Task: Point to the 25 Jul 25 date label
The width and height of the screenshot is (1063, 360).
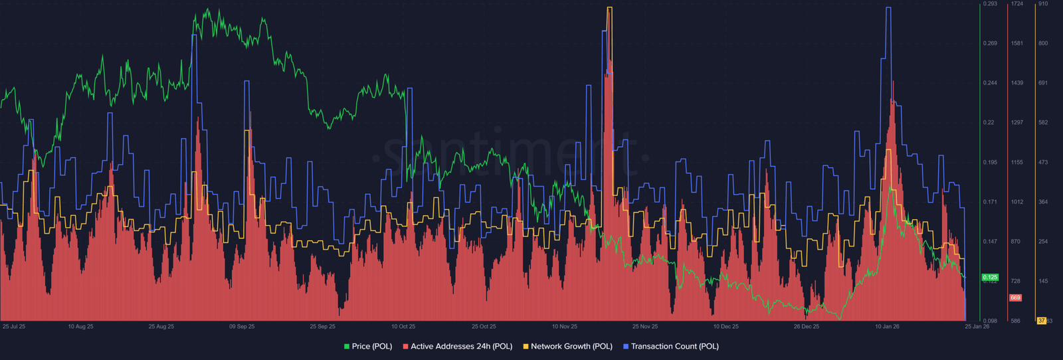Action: click(x=14, y=327)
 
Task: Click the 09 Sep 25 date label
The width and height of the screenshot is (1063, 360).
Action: click(x=242, y=327)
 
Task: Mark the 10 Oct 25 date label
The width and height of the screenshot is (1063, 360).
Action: click(x=403, y=327)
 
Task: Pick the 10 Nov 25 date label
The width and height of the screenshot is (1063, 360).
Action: click(x=565, y=327)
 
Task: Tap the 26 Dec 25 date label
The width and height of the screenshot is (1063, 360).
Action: click(x=807, y=327)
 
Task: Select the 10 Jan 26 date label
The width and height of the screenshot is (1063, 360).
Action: click(x=887, y=327)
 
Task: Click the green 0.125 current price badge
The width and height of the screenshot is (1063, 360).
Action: click(x=990, y=277)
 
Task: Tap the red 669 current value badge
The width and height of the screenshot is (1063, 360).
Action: click(x=1015, y=298)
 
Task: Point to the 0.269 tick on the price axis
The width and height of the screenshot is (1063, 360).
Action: click(x=990, y=43)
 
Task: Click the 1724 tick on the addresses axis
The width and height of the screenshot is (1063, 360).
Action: click(x=1016, y=4)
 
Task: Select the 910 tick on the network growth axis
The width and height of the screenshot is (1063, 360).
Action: click(x=1043, y=4)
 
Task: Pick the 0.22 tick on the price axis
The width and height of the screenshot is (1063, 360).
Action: click(x=989, y=123)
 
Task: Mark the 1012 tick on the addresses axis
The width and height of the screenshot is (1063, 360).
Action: click(x=1016, y=202)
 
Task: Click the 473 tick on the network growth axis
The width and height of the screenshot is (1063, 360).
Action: click(x=1043, y=162)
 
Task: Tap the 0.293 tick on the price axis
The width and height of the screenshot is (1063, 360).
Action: click(x=990, y=4)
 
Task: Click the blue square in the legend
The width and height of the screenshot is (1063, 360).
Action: click(x=626, y=347)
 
